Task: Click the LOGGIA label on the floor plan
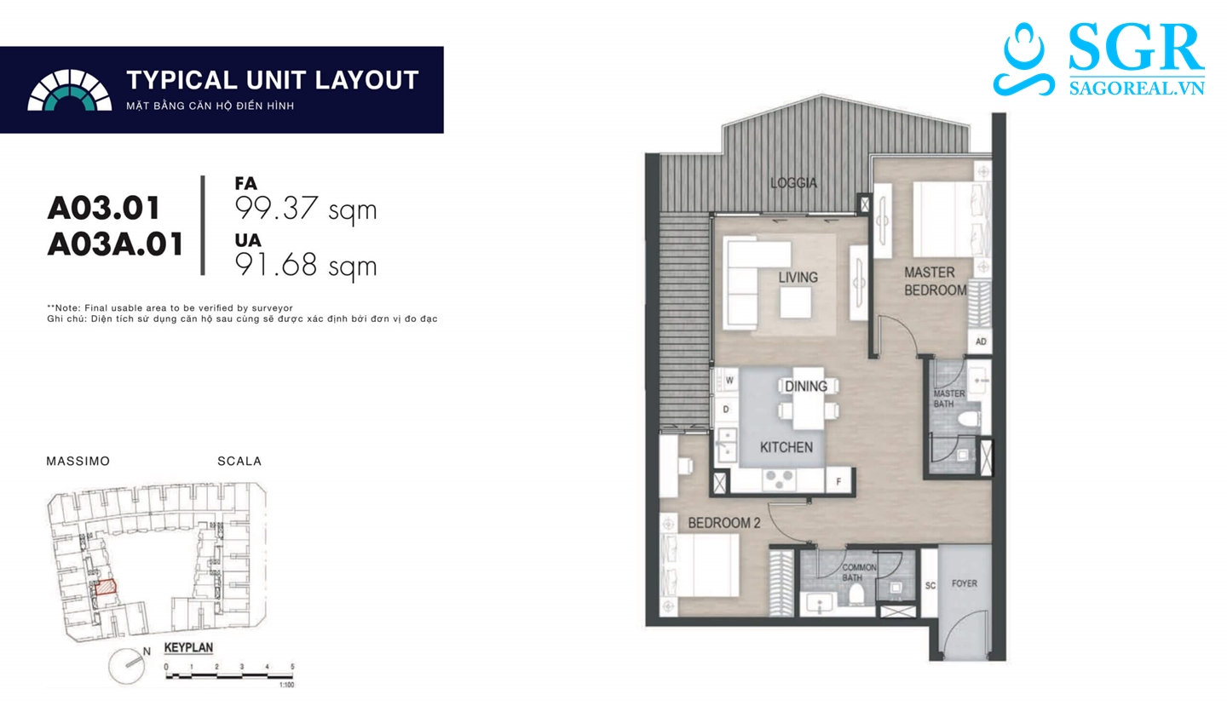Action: click(x=793, y=183)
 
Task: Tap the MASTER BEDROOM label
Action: click(x=935, y=281)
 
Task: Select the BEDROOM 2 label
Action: click(x=723, y=523)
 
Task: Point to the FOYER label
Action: click(x=964, y=583)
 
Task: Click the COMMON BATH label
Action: click(x=859, y=572)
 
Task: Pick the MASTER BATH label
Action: click(x=949, y=399)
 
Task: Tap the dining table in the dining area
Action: click(x=809, y=399)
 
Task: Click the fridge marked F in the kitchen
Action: click(x=838, y=481)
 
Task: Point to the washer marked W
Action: click(x=729, y=380)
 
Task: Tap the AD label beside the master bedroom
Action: click(x=981, y=342)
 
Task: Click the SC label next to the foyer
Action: click(x=930, y=586)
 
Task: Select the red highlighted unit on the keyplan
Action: click(x=106, y=588)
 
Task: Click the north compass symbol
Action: click(x=127, y=665)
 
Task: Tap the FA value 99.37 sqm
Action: click(x=306, y=210)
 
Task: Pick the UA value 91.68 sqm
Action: click(x=306, y=267)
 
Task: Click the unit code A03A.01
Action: click(x=116, y=244)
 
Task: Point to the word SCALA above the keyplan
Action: click(x=239, y=462)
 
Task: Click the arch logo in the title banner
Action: click(x=70, y=90)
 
